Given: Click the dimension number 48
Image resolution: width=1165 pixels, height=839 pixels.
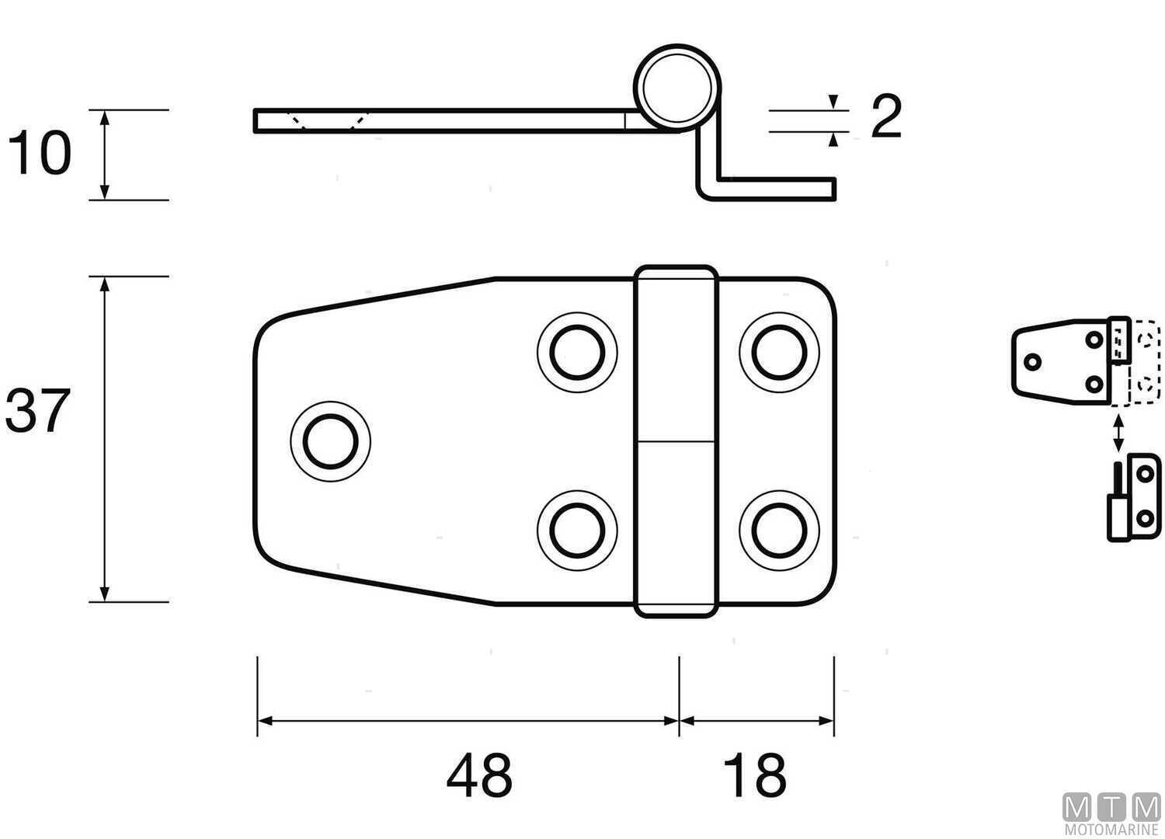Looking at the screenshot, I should pos(479,775).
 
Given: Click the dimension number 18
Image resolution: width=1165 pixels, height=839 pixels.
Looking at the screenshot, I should pos(753,775).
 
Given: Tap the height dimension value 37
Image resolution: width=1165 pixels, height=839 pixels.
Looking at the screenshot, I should pos(37,411).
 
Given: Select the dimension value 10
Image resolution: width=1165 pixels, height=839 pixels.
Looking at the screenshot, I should pos(39,153).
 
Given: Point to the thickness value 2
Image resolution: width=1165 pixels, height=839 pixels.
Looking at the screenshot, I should pos(885,117).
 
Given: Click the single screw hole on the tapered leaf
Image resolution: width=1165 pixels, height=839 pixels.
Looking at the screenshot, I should pos(330,440).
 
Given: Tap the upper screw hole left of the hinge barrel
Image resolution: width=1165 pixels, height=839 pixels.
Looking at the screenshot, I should pos(576,351).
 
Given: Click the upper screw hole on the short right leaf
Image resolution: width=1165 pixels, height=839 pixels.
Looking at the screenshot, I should pos(779,351).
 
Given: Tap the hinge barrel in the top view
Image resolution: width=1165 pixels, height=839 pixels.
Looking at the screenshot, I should pos(675,440).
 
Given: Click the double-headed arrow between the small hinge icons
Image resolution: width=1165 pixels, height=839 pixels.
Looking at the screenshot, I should pos(1118,433).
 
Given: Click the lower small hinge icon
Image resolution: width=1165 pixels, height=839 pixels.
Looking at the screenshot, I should pos(1134,497).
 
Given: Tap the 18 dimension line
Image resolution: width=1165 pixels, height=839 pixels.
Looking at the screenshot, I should pos(756,721).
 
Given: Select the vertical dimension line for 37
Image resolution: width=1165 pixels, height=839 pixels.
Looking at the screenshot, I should pos(106,439).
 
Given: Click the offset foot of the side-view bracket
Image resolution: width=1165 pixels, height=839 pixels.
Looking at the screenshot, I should pos(777,189).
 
